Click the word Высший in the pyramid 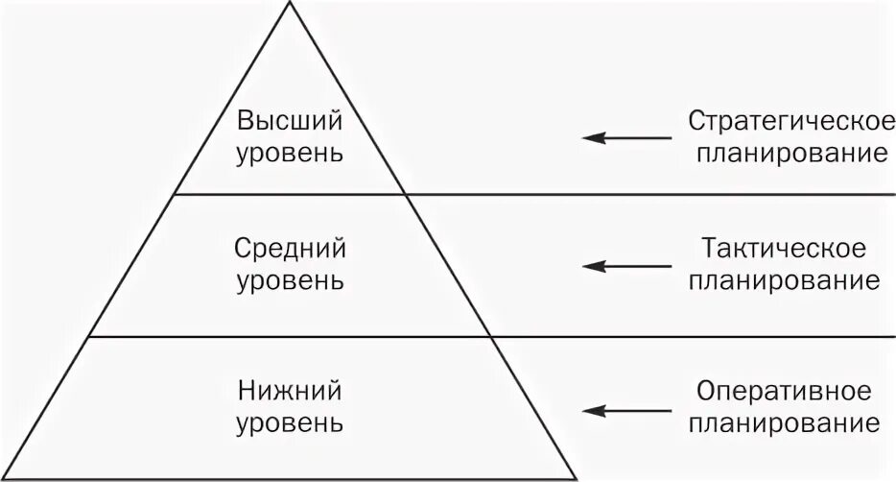tap(290, 122)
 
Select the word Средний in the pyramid tap(290, 249)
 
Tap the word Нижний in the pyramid tap(290, 391)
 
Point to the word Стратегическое tap(785, 122)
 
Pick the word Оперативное tap(785, 392)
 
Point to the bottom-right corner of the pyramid tap(577, 477)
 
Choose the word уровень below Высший tap(290, 154)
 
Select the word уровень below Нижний tap(290, 422)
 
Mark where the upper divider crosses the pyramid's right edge tap(406, 195)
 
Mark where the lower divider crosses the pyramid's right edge tap(491, 337)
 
